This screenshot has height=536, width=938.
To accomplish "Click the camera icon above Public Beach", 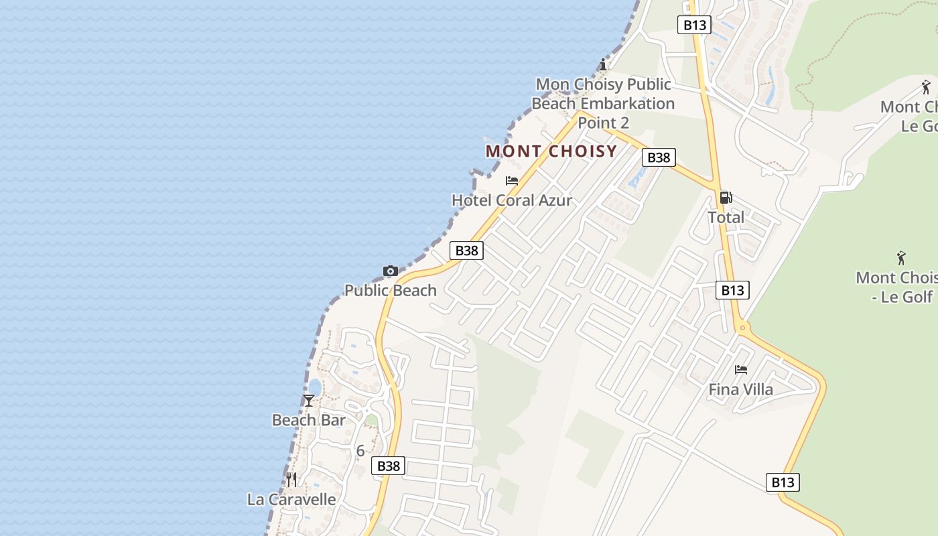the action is click(x=391, y=271).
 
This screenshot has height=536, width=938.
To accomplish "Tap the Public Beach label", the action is click(x=391, y=290).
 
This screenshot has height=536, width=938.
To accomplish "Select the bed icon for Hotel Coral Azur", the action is click(x=512, y=181).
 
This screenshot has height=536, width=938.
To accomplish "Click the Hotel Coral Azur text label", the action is click(x=512, y=200).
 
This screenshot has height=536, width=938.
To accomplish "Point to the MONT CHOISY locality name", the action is click(x=551, y=151).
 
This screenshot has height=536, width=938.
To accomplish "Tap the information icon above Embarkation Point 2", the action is click(x=603, y=65).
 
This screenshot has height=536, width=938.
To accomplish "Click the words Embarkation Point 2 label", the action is click(x=603, y=104).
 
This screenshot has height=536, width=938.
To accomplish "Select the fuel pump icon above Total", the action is click(x=726, y=198).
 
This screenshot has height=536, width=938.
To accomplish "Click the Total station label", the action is click(x=726, y=217).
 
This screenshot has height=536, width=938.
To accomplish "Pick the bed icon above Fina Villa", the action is click(x=740, y=370).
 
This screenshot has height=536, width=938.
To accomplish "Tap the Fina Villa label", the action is click(x=741, y=389).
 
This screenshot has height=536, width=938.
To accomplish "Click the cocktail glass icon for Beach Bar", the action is click(x=308, y=401).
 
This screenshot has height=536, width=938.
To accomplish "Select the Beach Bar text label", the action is click(x=308, y=420).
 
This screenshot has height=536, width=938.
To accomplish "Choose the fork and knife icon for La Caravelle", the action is click(x=291, y=480).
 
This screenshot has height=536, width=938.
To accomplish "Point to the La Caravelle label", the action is click(x=291, y=499).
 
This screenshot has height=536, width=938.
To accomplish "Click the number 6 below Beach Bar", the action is click(x=360, y=451).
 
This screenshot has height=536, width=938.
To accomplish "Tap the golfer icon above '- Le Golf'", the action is click(x=901, y=258).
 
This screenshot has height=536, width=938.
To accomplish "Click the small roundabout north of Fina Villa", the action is click(x=742, y=328).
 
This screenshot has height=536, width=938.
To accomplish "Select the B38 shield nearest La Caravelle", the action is click(x=389, y=466).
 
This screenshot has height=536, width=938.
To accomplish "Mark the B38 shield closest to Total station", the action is click(x=659, y=157).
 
